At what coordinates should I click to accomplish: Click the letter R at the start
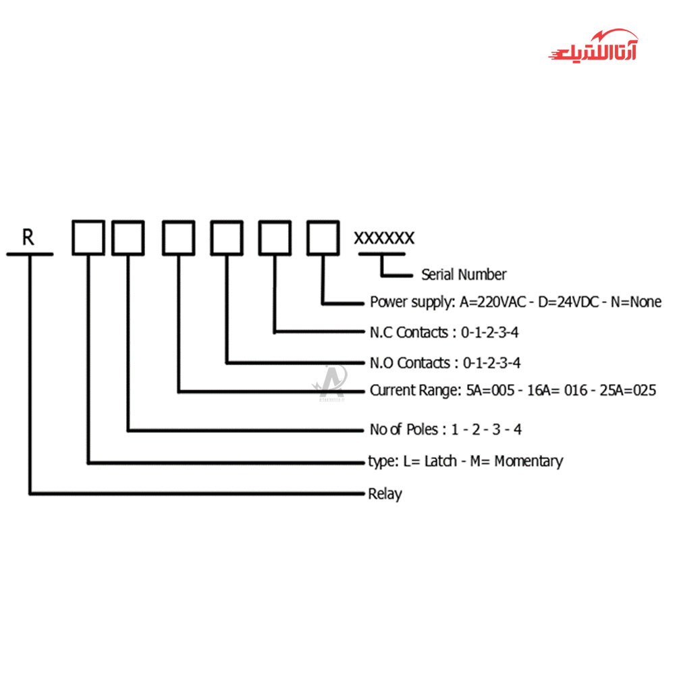coord(28,237)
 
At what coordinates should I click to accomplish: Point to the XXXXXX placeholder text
coord(384,238)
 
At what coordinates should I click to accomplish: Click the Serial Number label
coord(464,275)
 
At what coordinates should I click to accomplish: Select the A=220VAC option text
coord(493,302)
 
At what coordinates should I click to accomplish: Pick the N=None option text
coord(636,302)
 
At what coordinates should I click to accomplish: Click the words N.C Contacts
coord(410,332)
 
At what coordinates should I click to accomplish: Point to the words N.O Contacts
coord(410,363)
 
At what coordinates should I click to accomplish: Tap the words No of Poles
coord(404,429)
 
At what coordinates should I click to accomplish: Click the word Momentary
coord(529,462)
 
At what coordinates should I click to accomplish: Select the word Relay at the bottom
coord(385,494)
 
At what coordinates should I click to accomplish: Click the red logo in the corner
coord(593,47)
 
